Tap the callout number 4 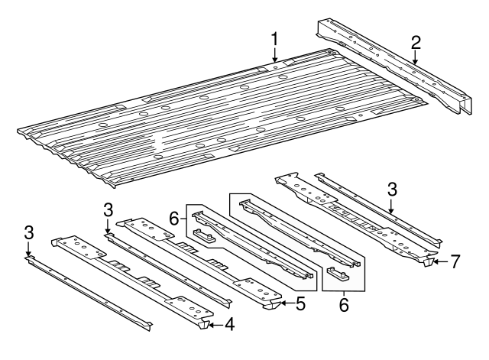point(228,326)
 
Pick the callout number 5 point(300,303)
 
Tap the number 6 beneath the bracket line point(343,304)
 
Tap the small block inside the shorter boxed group point(202,235)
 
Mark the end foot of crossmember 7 point(428,262)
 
